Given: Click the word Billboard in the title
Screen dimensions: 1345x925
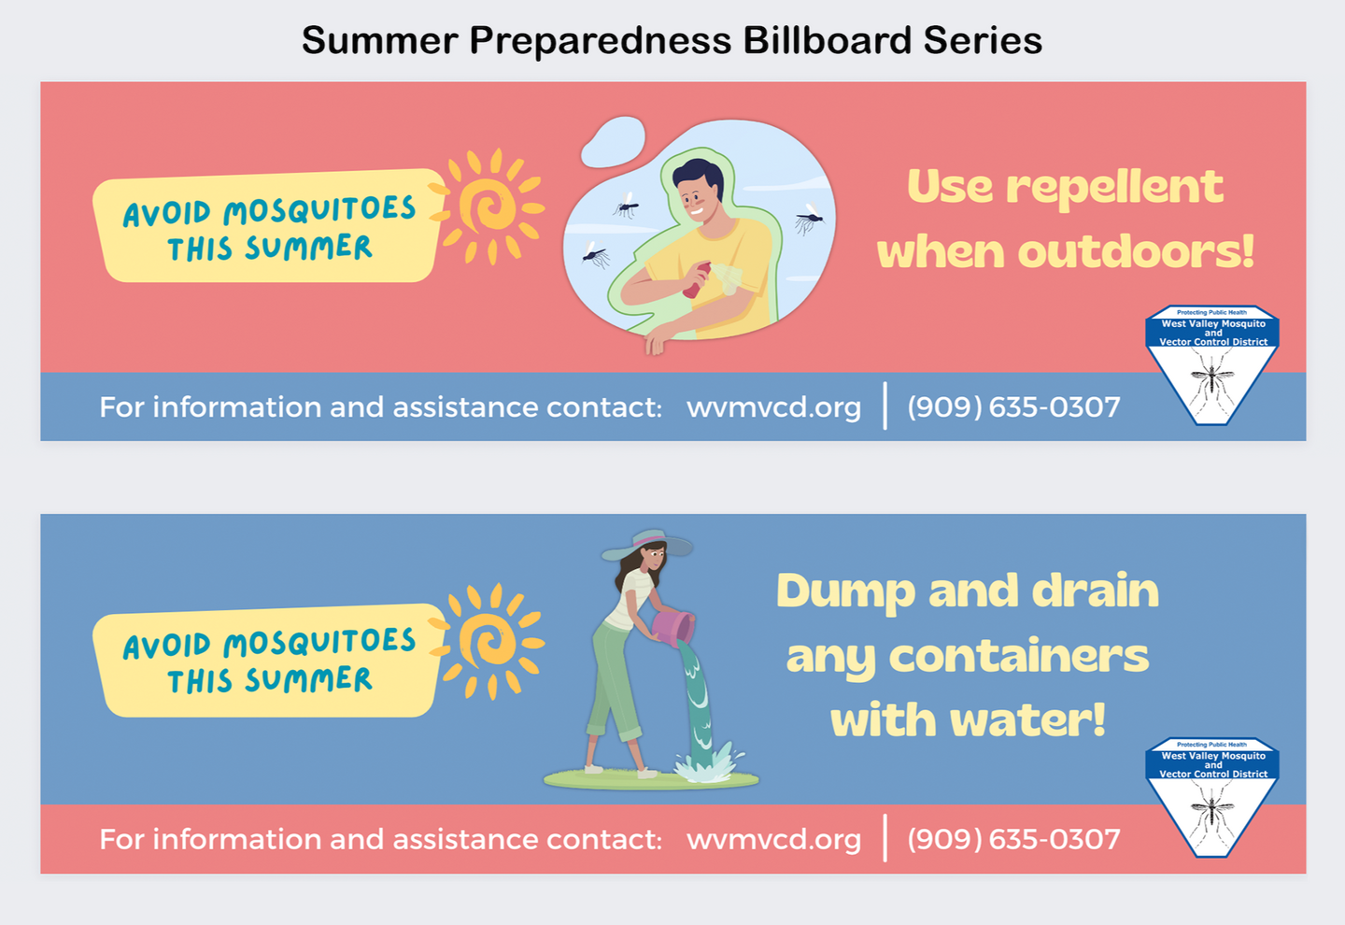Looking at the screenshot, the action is click(828, 40).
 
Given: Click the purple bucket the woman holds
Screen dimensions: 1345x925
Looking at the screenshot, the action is click(673, 627).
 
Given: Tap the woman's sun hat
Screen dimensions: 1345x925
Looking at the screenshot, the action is click(647, 544).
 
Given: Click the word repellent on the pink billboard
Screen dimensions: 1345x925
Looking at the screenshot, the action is click(1114, 188).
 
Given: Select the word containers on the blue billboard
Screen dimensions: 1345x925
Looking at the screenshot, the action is click(1019, 657).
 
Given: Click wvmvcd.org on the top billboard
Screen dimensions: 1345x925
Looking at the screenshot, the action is click(773, 407).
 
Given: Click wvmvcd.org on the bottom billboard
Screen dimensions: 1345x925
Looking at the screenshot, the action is click(773, 840).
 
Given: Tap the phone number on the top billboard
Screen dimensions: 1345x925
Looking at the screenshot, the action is click(1013, 407).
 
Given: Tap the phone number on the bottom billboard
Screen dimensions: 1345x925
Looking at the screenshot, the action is click(1013, 839).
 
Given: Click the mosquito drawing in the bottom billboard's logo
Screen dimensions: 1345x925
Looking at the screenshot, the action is click(1212, 812).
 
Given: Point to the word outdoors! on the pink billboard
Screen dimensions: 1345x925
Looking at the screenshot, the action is click(1136, 251).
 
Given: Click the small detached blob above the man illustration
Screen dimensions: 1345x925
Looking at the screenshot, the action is click(613, 142).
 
